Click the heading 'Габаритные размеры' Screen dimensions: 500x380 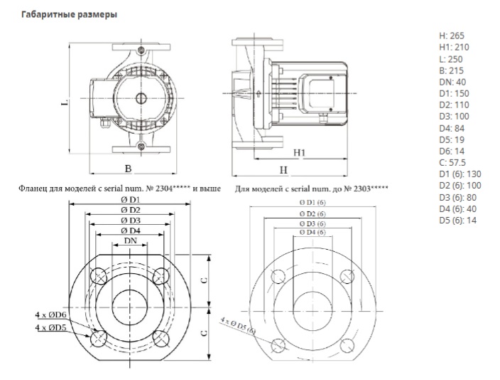(69, 15)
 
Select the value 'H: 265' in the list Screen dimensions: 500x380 (452, 36)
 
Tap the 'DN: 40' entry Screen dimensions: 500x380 (452, 82)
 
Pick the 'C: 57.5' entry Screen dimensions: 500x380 (452, 163)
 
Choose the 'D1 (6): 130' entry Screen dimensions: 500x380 (460, 174)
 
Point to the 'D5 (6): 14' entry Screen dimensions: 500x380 (458, 220)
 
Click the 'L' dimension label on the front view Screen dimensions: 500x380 (65, 102)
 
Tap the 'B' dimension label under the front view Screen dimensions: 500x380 (128, 169)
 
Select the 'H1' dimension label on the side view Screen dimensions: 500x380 (299, 153)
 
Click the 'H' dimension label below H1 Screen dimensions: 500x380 (283, 170)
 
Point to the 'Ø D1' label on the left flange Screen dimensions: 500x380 (131, 200)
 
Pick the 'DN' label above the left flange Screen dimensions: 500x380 (131, 241)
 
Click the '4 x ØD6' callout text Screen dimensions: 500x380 (50, 315)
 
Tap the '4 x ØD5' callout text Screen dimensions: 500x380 (50, 327)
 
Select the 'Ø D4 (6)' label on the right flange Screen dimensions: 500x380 (312, 232)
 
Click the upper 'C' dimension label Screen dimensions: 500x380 (204, 280)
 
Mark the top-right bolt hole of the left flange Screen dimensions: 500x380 (161, 276)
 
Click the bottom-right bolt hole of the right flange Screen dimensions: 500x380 (347, 345)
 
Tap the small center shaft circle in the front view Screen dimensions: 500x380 (141, 98)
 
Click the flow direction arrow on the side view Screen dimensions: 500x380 (258, 93)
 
